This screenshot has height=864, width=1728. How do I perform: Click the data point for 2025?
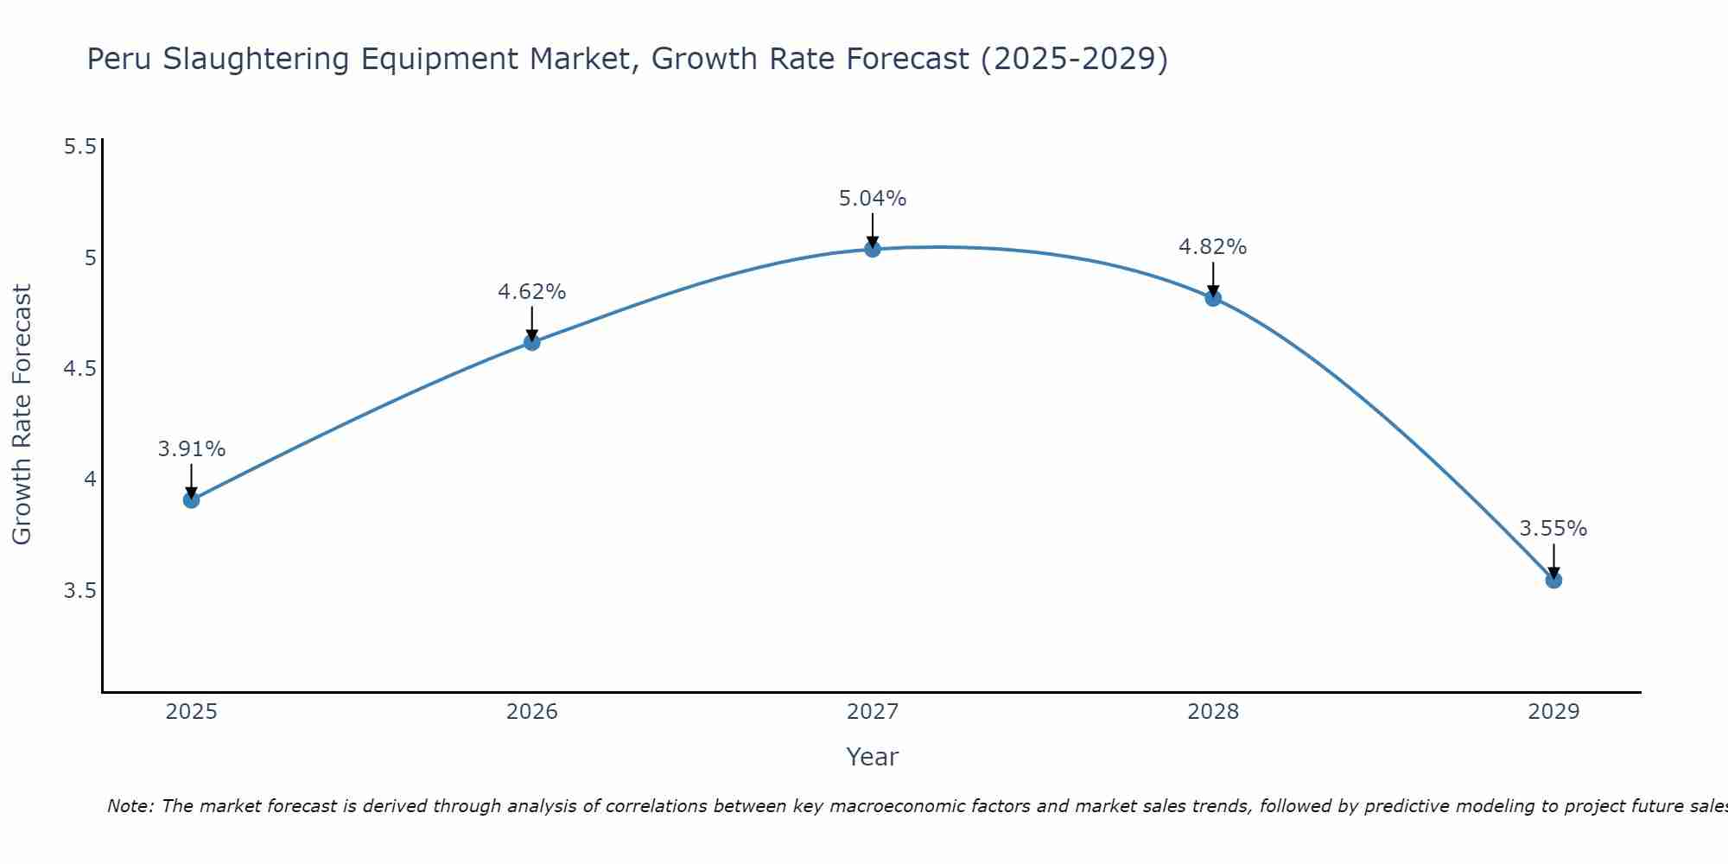tap(192, 500)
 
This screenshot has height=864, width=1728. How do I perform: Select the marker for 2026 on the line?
tap(532, 342)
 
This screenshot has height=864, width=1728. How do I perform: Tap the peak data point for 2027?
tap(873, 250)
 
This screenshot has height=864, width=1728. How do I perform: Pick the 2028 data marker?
tap(1213, 299)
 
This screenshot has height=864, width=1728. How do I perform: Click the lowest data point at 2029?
tap(1553, 580)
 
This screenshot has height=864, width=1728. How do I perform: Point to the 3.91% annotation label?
tap(192, 449)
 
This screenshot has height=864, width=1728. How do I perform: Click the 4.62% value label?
tap(532, 292)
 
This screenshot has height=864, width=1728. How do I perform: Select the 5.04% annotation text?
tap(873, 199)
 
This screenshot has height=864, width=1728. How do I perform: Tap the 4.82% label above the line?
tap(1213, 247)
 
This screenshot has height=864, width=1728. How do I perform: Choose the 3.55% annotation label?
tap(1553, 529)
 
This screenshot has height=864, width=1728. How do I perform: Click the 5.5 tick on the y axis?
tap(79, 147)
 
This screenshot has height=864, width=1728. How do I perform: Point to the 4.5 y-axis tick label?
tap(79, 369)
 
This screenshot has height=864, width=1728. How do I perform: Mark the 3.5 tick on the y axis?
tap(79, 591)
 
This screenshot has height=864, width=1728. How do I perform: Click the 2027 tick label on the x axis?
tap(873, 712)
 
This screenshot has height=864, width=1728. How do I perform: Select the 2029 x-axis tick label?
tap(1553, 712)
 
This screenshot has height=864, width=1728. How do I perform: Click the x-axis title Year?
tap(873, 757)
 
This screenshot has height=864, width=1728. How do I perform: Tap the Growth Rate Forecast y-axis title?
tap(22, 415)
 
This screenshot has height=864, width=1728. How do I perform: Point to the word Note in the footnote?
tap(130, 806)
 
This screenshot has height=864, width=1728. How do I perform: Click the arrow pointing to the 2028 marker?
tap(1213, 278)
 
